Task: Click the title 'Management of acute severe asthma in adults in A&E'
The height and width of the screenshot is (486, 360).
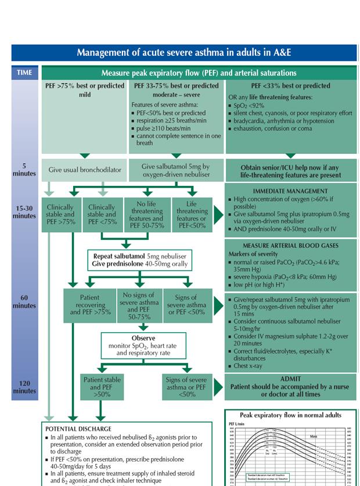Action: point(183,52)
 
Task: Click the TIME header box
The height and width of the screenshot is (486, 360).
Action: point(25,73)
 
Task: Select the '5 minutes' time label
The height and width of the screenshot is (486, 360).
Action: point(24,170)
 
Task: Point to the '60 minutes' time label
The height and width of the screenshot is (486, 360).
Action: point(24,301)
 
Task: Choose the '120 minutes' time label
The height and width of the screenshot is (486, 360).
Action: point(24,387)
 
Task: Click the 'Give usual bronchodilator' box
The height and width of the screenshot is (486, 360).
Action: point(84,170)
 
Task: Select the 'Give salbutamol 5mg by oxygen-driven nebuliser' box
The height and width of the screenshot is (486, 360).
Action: point(175,170)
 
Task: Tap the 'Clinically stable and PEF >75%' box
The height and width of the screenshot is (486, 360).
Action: point(60,214)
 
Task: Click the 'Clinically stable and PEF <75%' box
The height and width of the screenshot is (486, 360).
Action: point(102,214)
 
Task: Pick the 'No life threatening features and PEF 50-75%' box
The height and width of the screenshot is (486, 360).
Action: point(147,214)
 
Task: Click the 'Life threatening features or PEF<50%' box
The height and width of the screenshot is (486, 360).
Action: point(192,214)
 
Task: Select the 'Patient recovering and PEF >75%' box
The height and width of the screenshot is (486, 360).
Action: point(90,304)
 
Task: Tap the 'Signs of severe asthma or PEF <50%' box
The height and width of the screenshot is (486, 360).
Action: point(186,304)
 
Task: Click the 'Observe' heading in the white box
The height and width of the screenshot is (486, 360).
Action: point(143,338)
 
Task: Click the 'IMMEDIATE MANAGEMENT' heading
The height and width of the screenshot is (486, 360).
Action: point(290,190)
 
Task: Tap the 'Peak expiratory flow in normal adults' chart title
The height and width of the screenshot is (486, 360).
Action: point(290,415)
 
